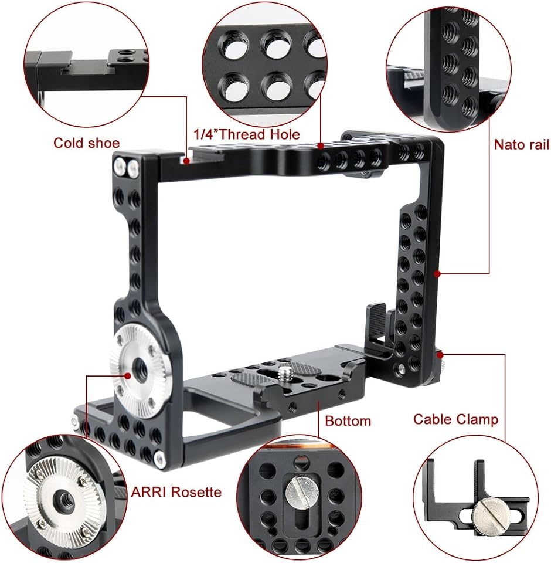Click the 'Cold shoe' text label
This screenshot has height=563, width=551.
pyautogui.click(x=86, y=143)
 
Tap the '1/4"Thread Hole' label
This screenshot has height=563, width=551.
pyautogui.click(x=247, y=135)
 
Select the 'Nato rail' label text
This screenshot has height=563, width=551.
pyautogui.click(x=522, y=144)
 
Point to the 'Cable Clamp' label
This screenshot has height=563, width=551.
pyautogui.click(x=455, y=419)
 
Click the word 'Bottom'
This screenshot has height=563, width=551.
pyautogui.click(x=348, y=421)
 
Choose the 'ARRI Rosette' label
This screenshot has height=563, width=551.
pyautogui.click(x=176, y=492)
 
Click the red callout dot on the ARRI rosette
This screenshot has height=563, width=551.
pyautogui.click(x=127, y=375)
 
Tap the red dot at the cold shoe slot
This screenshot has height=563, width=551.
pyautogui.click(x=186, y=161)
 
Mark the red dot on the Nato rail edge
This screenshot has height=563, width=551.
pyautogui.click(x=437, y=274)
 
